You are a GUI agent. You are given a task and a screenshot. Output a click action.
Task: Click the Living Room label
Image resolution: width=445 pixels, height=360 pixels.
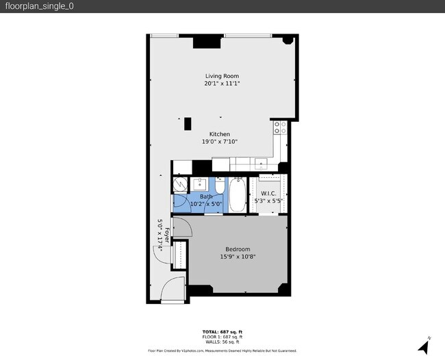[x=222, y=76]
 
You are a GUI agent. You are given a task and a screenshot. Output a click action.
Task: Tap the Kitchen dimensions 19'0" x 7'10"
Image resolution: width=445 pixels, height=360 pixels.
[x=220, y=142]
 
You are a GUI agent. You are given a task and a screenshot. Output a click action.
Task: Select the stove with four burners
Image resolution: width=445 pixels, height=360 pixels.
[x=280, y=127]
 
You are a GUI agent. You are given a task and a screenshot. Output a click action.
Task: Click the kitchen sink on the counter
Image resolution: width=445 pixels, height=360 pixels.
[x=261, y=164]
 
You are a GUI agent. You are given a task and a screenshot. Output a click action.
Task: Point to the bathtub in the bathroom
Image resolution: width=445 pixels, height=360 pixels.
[x=238, y=194]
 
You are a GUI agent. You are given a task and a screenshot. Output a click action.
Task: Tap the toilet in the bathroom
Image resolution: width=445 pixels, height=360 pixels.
[x=219, y=185]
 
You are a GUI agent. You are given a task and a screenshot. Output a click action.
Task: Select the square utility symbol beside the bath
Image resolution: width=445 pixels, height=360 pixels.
[x=179, y=184]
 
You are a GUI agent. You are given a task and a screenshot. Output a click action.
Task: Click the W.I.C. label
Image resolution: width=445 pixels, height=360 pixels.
[x=268, y=194]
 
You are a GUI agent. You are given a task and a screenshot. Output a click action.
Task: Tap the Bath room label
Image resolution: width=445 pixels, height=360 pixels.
[x=206, y=196]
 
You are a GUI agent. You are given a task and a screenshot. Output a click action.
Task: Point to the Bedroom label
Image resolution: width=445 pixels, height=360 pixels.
[x=238, y=249]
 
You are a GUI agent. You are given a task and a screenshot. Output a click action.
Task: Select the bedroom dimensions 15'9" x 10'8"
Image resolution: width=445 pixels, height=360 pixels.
[x=238, y=257]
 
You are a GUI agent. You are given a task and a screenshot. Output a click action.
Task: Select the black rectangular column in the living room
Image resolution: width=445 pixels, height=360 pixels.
[x=188, y=124]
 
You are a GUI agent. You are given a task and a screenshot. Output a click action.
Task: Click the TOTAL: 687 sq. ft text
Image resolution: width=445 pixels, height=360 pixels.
[x=222, y=332]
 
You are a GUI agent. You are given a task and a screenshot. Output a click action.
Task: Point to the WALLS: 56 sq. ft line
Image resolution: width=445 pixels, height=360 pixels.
[x=222, y=342]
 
